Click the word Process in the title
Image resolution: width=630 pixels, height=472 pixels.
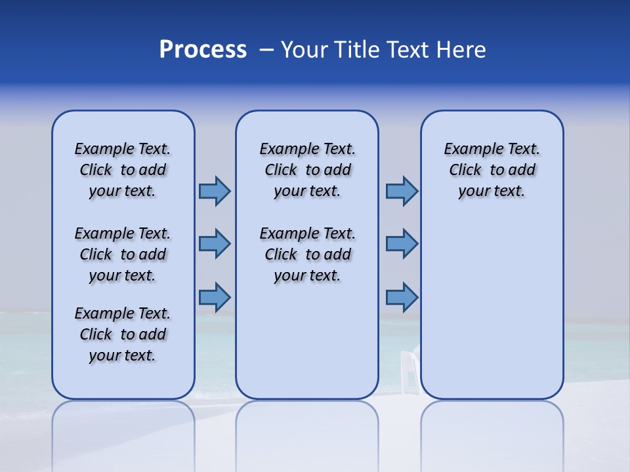pyautogui.click(x=203, y=50)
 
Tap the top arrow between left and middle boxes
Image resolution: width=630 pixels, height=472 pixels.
pyautogui.click(x=215, y=191)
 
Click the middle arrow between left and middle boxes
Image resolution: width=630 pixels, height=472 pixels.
pyautogui.click(x=215, y=244)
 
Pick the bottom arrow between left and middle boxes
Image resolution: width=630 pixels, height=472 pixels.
pyautogui.click(x=215, y=297)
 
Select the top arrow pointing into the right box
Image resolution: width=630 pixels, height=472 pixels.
pyautogui.click(x=402, y=191)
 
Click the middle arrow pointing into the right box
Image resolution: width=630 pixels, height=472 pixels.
pyautogui.click(x=402, y=244)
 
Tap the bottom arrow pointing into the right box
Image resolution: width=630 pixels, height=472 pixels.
pyautogui.click(x=402, y=297)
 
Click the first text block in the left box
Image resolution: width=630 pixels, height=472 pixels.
pyautogui.click(x=123, y=170)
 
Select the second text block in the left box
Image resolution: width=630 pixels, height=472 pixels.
pyautogui.click(x=123, y=254)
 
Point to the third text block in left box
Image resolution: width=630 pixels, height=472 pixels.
pyautogui.click(x=123, y=334)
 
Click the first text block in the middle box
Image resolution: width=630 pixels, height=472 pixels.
pyautogui.click(x=307, y=170)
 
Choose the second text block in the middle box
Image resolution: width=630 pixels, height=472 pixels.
pyautogui.click(x=307, y=254)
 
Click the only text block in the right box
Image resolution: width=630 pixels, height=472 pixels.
pyautogui.click(x=492, y=170)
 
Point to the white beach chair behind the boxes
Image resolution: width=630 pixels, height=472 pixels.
pyautogui.click(x=409, y=372)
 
